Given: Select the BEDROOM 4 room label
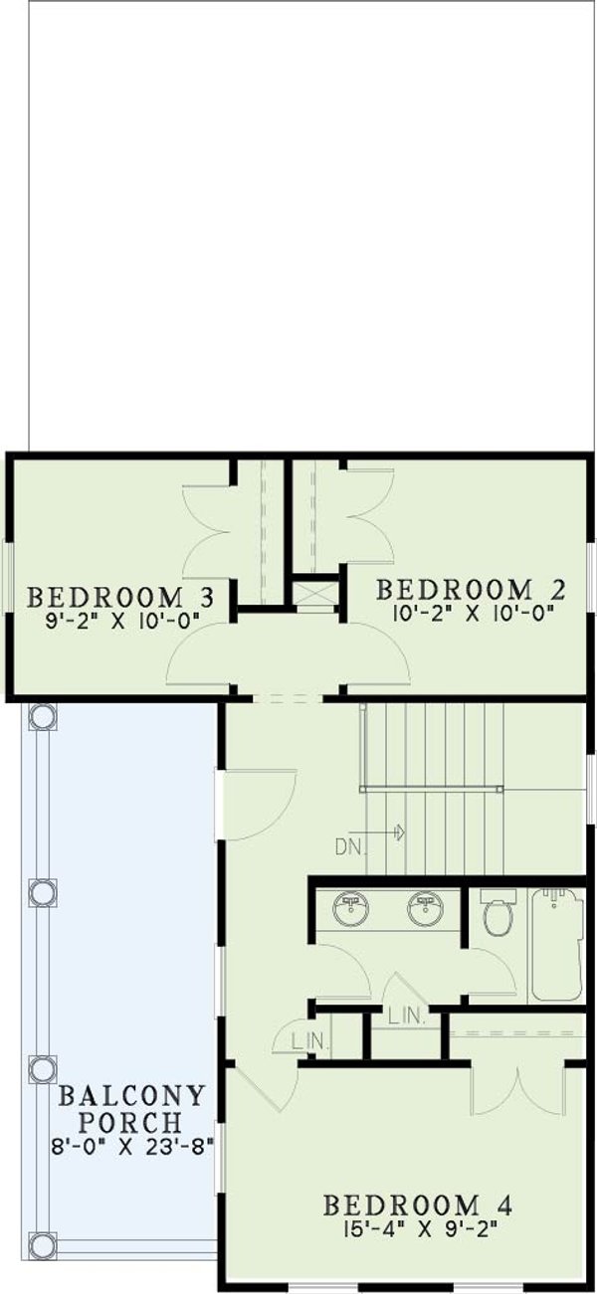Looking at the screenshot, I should tap(418, 1205).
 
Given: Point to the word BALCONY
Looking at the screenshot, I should tap(132, 1097).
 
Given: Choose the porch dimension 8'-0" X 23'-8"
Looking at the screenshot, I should tap(132, 1144).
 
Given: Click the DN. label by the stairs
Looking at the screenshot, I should tap(351, 848).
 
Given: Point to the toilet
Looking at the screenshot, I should tap(497, 913).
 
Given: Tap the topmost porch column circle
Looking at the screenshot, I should tap(42, 716).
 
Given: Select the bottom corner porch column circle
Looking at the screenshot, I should tap(42, 1244).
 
